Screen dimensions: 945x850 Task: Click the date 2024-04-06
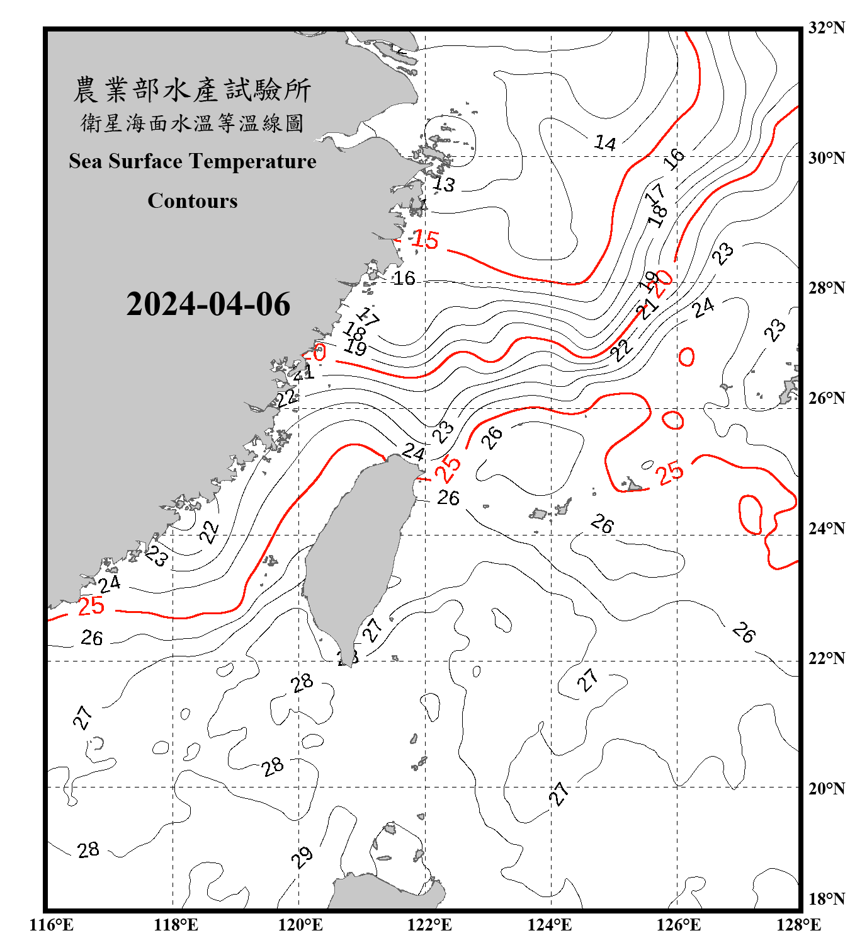[208, 304]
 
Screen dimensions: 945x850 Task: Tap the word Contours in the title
[193, 201]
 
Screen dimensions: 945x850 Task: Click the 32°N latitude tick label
[826, 28]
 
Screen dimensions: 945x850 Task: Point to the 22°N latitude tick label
[826, 658]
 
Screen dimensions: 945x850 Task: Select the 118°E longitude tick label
[176, 925]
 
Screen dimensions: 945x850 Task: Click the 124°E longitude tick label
[550, 925]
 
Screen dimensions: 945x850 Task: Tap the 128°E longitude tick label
[798, 925]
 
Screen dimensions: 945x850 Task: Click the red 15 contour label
[425, 239]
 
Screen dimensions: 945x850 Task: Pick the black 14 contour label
[605, 143]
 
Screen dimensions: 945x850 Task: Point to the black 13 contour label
[444, 185]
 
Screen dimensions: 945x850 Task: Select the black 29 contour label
[302, 857]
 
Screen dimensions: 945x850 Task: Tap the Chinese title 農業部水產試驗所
[192, 90]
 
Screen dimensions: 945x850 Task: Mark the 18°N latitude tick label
[826, 899]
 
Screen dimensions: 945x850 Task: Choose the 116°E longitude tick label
[51, 925]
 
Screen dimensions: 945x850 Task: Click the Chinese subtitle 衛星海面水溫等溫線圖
[192, 123]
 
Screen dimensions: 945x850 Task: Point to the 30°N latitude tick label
[826, 158]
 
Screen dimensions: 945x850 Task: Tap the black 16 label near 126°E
[674, 158]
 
